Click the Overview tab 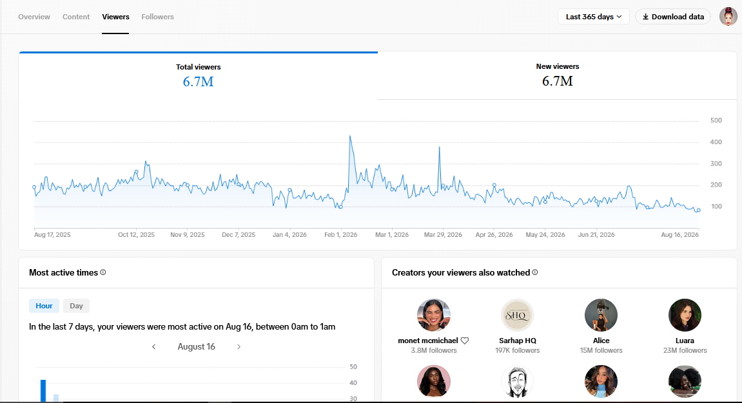coord(34,17)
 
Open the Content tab coord(75,17)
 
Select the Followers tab coord(157,17)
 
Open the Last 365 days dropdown coord(594,17)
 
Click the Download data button coord(673,17)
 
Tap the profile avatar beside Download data coord(728,17)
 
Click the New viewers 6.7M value coord(558,81)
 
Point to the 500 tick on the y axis coord(716,120)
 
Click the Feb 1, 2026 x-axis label coord(341,235)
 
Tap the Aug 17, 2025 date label coord(52,235)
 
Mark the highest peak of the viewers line coord(350,136)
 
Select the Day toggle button coord(76,306)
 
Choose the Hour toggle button coord(44,306)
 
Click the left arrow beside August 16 coord(154,347)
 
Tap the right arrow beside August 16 coord(239,347)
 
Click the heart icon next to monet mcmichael coord(465,341)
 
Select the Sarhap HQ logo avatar coord(517,315)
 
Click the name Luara coord(685,341)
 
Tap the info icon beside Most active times coord(103,272)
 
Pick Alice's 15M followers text coord(601,351)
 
